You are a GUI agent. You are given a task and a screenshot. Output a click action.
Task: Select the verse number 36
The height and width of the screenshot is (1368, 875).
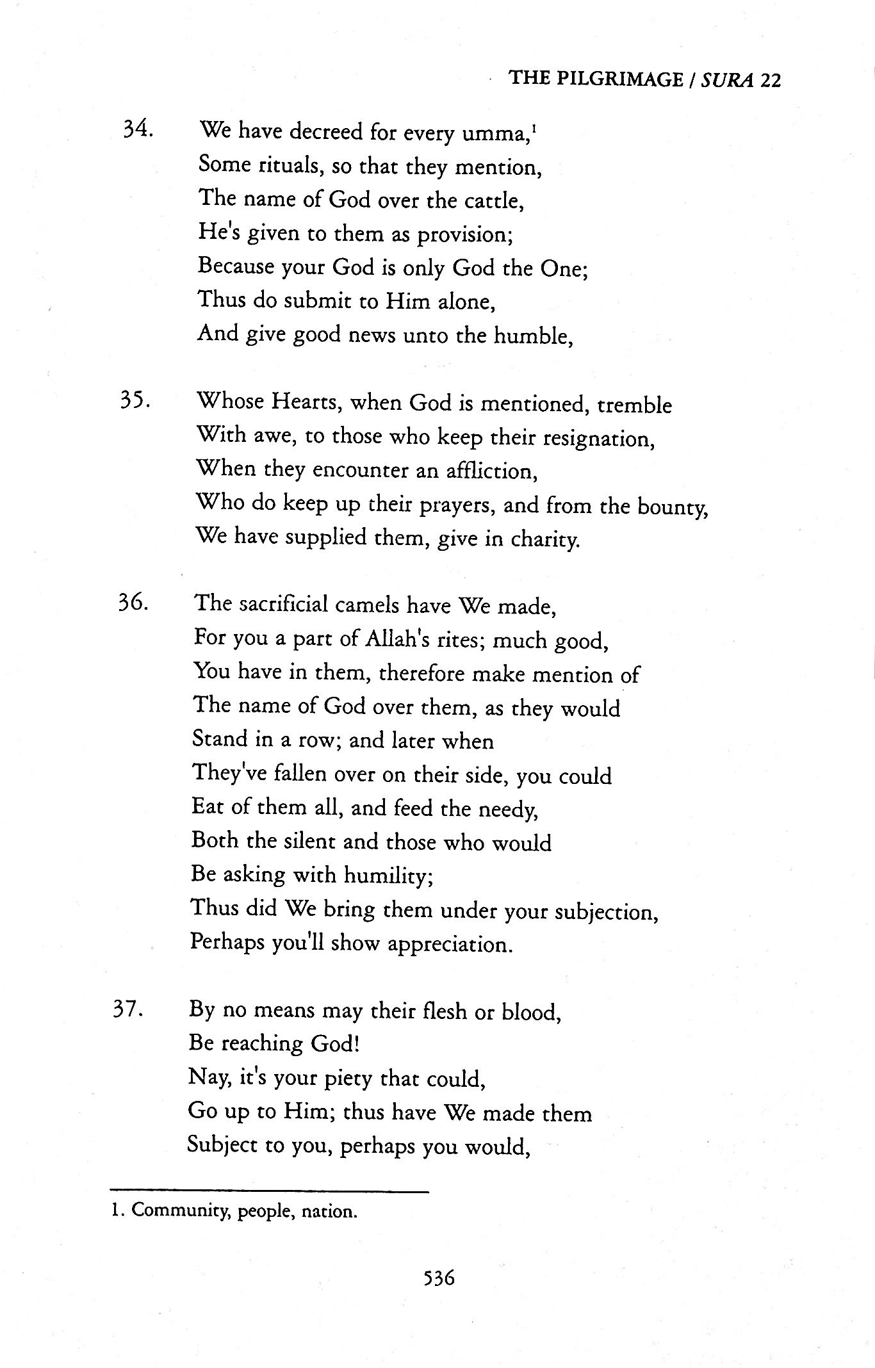pos(133,603)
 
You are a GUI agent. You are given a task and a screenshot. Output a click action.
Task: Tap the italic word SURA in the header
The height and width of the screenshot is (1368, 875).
pos(728,79)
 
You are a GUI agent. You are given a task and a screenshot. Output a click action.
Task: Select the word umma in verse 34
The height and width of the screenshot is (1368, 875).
pos(501,134)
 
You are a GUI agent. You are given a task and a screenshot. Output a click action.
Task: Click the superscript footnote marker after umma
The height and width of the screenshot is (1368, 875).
pos(534,128)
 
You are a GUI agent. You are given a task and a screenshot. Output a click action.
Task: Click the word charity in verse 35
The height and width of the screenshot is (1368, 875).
pos(545,540)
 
